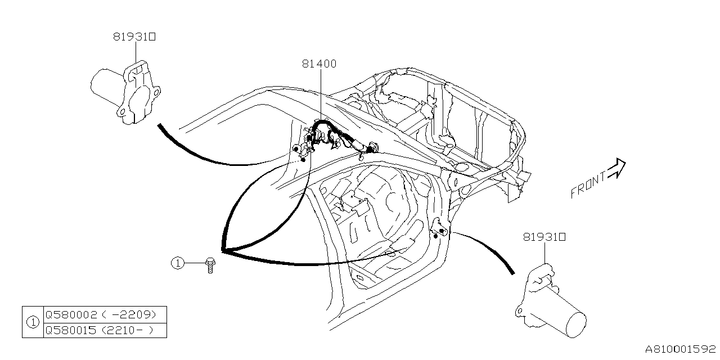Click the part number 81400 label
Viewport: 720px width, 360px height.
click(x=319, y=64)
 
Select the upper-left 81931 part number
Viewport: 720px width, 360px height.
click(x=134, y=37)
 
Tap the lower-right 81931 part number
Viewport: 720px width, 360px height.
click(x=544, y=238)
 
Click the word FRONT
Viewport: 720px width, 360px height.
click(x=588, y=185)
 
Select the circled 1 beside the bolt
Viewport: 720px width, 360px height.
click(x=178, y=263)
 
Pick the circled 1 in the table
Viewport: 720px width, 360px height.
click(x=33, y=322)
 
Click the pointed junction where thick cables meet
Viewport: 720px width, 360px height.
click(x=223, y=251)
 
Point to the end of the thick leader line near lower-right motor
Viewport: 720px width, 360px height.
click(x=512, y=273)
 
